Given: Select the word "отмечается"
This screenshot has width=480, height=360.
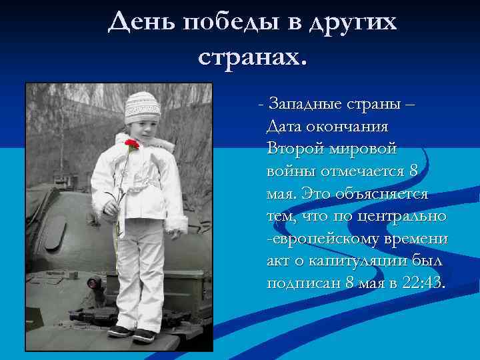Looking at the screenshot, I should point(360,171).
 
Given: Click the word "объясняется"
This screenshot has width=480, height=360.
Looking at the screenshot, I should point(386,193).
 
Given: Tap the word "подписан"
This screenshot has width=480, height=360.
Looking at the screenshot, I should point(303,283).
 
